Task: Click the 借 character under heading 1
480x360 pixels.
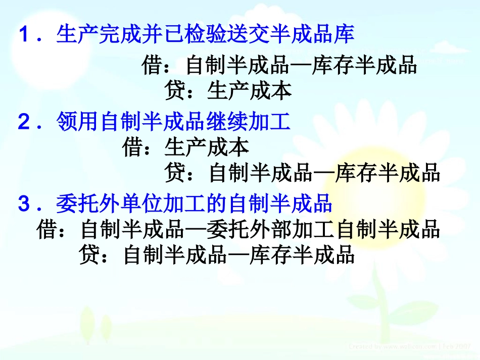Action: pos(152,66)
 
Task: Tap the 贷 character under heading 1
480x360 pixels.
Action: pos(174,91)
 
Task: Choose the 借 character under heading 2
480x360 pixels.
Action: pos(132,147)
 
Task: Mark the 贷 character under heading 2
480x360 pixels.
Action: pos(174,173)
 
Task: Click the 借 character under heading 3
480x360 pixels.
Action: pos(47,230)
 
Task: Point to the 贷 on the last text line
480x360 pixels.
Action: pos(89,255)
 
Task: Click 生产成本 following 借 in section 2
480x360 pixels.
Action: pos(207,147)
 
